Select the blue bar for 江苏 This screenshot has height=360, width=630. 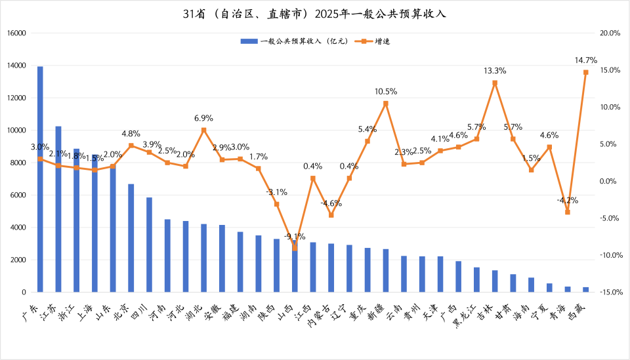tap(58, 209)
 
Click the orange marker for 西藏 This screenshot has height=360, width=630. tap(585, 72)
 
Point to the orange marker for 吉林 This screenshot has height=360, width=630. tap(495, 83)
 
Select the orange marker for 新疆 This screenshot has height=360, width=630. tap(385, 103)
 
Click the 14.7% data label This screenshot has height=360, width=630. tap(585, 60)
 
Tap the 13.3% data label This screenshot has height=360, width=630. tap(495, 70)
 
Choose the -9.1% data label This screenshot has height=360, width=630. tap(295, 236)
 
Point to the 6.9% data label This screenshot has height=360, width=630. tap(203, 118)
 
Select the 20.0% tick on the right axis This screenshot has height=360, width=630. tap(610, 33)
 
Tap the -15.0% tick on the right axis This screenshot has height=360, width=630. tap(610, 292)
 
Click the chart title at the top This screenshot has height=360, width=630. tap(314, 14)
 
